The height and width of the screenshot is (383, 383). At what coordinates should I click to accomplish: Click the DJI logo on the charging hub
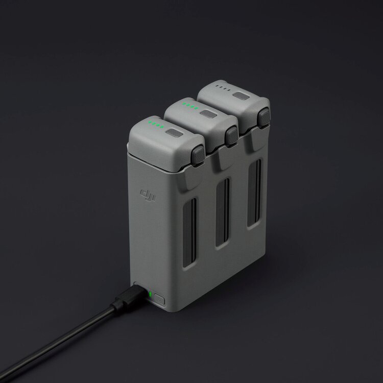click(148, 195)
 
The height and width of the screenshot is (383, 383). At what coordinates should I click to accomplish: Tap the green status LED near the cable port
click(151, 294)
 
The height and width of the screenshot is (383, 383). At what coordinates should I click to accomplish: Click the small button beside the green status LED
click(159, 299)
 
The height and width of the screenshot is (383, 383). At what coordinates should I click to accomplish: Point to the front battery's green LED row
click(156, 125)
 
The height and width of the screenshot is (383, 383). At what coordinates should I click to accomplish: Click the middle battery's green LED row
click(191, 106)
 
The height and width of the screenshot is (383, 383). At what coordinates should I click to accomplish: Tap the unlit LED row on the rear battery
click(223, 88)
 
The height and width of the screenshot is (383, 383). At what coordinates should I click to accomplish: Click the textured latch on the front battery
click(198, 156)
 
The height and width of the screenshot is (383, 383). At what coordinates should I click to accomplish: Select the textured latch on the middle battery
click(231, 136)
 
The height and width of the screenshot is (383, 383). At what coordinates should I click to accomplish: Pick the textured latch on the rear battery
click(264, 118)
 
